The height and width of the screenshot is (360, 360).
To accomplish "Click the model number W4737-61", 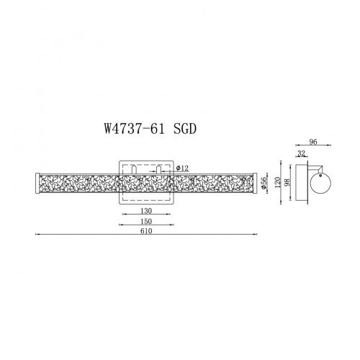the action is [135, 129].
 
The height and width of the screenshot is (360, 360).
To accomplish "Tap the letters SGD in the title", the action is [185, 129].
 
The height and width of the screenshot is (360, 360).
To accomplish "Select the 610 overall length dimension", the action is [146, 231].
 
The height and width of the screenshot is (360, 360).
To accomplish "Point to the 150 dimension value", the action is [146, 221].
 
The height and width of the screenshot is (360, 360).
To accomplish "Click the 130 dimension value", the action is [146, 211].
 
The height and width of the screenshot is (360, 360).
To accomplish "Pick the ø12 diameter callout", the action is [182, 168].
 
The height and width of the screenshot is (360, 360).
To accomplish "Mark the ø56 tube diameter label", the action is [264, 183].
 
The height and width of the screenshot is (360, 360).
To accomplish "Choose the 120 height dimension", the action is [277, 182].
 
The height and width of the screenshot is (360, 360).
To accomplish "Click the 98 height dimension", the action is [287, 182].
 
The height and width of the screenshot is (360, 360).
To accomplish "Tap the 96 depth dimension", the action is [313, 142].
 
